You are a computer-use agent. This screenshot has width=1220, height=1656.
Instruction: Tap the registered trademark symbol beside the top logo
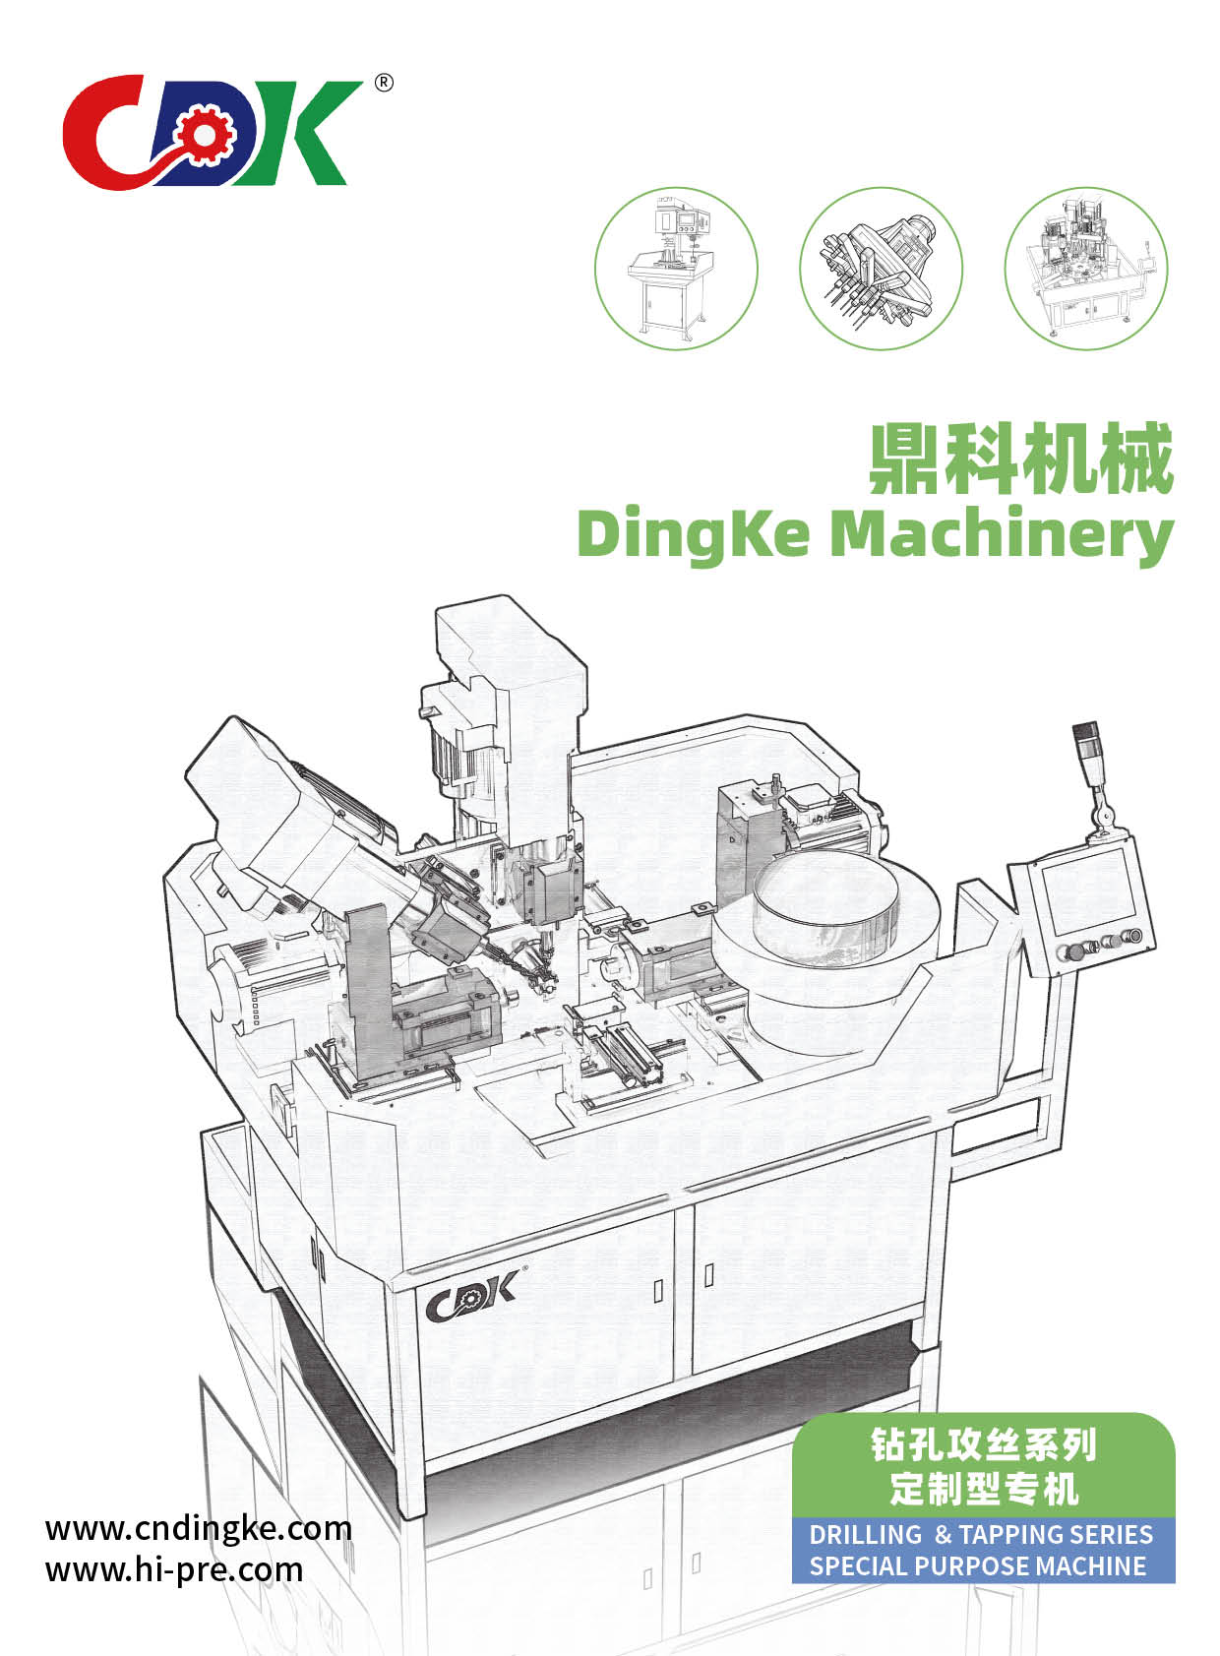point(384,83)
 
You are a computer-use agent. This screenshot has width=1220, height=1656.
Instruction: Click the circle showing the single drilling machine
point(676,269)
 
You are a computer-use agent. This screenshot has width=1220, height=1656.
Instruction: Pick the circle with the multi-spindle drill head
point(881,269)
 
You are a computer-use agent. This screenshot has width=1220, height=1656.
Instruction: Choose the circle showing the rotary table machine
point(1086,269)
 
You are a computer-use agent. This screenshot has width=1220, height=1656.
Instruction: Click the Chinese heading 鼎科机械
point(1021,459)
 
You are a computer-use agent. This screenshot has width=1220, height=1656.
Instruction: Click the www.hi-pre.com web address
point(174,1570)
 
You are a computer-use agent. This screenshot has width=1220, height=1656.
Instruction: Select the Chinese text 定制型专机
point(984,1489)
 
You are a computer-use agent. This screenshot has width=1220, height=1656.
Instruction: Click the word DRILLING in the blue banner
point(865,1535)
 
